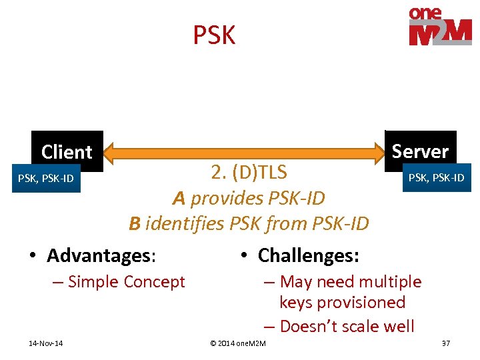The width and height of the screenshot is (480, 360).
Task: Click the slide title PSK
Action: tap(214, 35)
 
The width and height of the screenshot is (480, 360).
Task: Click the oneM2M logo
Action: tap(440, 27)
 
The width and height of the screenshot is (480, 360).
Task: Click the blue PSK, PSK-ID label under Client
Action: tap(46, 179)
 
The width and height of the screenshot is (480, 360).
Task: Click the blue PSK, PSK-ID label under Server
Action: tap(435, 177)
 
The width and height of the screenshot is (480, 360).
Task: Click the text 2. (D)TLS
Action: tap(249, 173)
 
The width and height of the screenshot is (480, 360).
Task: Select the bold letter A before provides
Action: tap(178, 198)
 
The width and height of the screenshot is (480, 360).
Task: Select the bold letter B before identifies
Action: tap(135, 223)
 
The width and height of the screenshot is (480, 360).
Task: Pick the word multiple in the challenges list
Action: tap(391, 282)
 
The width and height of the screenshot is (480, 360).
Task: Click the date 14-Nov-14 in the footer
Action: tap(46, 343)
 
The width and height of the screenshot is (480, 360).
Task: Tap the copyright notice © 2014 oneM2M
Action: tap(237, 343)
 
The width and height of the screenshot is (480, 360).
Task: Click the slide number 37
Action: tap(446, 343)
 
